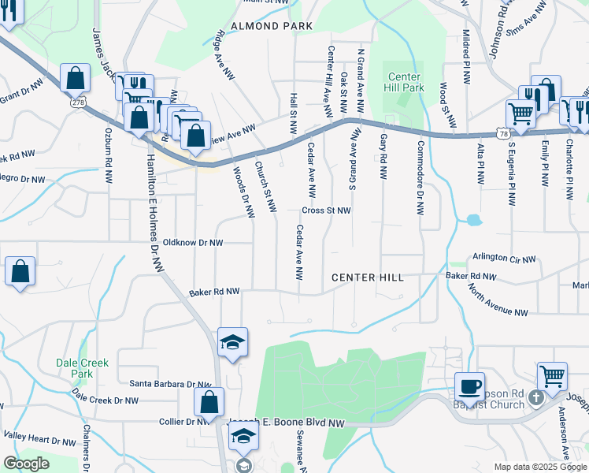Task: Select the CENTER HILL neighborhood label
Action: (x=367, y=277)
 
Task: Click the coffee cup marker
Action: (x=469, y=386)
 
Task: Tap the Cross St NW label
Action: (x=326, y=210)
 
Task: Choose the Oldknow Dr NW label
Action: (x=193, y=243)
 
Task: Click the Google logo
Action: (x=26, y=464)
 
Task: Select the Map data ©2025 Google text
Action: (x=539, y=467)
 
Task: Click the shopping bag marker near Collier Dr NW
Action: (x=208, y=401)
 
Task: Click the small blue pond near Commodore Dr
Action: (x=472, y=220)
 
